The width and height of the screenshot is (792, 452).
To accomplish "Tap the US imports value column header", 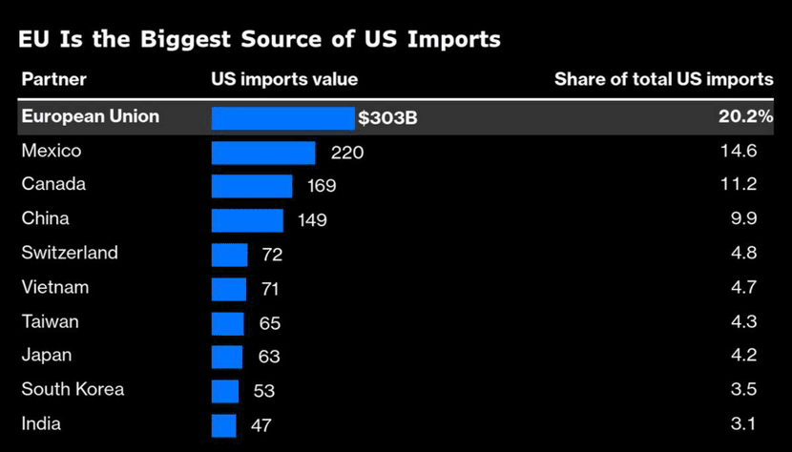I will point(284,80).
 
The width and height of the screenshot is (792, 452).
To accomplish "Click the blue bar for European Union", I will point(282,118).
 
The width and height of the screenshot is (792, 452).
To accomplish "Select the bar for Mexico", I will point(262,153).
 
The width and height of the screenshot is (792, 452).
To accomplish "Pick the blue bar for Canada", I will point(251,186).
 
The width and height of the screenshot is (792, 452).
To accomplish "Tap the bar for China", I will point(247,220).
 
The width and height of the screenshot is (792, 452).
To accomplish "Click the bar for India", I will point(223,425).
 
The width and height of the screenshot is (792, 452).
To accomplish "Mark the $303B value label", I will point(387,119).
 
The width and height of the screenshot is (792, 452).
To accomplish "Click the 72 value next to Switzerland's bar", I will point(271,256).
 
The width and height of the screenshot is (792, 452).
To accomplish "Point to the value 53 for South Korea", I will point(263,392).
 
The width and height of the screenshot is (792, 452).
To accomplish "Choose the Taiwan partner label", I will point(50,321).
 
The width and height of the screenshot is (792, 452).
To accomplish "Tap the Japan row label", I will point(47,356).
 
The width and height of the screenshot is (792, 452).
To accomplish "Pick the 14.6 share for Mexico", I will point(743,151).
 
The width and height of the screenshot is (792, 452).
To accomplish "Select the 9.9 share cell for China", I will point(747,219).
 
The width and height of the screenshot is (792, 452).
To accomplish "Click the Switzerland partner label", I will point(70,253).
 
